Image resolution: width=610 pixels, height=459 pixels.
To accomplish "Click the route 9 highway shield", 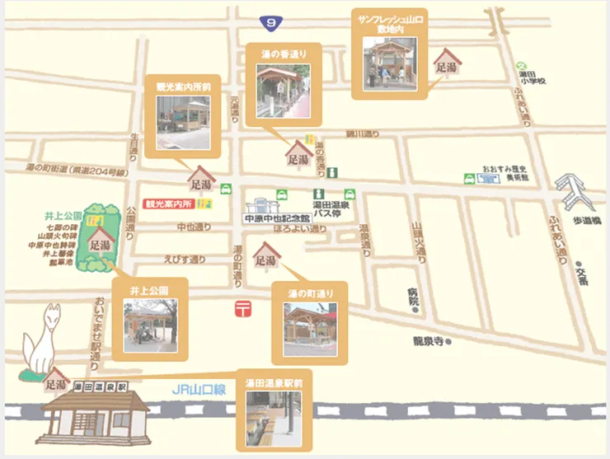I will tap(268, 23).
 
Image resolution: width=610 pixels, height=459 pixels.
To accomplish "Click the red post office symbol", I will tap(242, 309).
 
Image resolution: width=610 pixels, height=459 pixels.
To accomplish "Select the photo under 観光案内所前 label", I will tap(183, 124).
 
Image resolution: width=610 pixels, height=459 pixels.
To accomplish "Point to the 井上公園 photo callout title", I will tap(149, 291).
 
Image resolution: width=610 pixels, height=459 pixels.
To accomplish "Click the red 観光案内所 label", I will tap(168, 203).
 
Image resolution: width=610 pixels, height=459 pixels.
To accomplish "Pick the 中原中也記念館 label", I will tap(276, 219).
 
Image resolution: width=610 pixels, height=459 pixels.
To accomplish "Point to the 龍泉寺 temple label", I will tap(429, 340).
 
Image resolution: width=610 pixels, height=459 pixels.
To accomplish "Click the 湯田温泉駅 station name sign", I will tap(99, 385).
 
